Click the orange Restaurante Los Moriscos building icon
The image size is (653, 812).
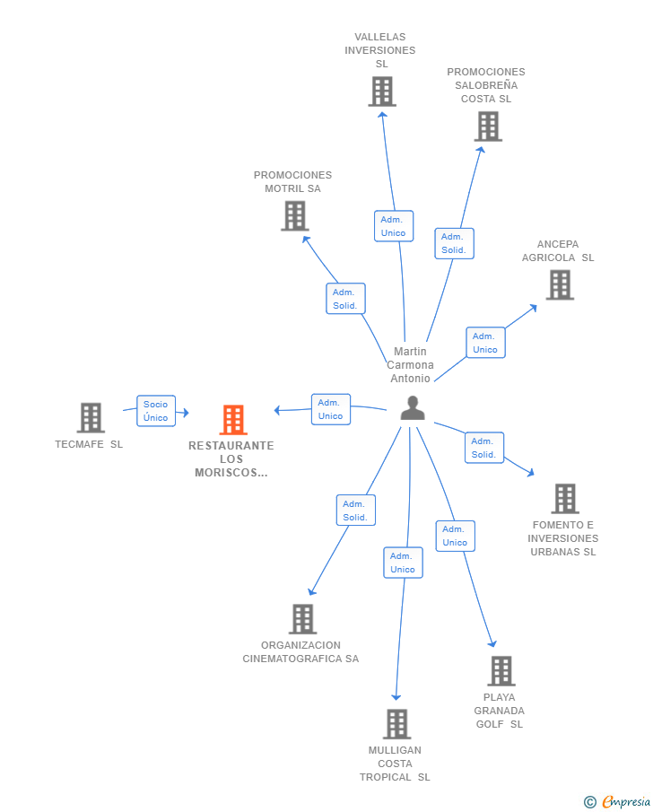[x=233, y=420]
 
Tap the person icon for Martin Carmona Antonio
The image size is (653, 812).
[x=413, y=407]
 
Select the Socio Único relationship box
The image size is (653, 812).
[x=156, y=411]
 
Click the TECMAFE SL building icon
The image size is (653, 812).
[x=91, y=418]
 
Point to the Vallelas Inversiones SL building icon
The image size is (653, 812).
[x=382, y=92]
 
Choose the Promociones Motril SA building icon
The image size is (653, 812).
[x=294, y=216]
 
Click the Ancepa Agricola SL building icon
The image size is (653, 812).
[x=560, y=285]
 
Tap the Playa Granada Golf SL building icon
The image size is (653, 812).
[x=501, y=671]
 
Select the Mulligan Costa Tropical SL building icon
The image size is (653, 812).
[x=397, y=724]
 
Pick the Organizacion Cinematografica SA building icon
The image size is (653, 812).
[x=303, y=619]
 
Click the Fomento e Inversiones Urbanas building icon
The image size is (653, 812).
[x=565, y=499]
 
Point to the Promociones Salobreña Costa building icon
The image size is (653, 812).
[x=488, y=127]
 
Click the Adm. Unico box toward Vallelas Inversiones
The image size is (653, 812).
[x=394, y=226]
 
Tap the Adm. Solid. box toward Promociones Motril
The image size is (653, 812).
[x=345, y=299]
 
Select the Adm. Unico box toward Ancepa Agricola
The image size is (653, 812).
[x=485, y=343]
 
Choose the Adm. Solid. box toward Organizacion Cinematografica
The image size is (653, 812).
[x=356, y=511]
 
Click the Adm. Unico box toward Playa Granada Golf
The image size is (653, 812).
[x=455, y=536]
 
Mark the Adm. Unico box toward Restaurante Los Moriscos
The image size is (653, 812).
[x=331, y=410]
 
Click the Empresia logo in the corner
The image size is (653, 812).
[x=617, y=801]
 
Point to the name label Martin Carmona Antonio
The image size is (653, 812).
[x=410, y=365]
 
